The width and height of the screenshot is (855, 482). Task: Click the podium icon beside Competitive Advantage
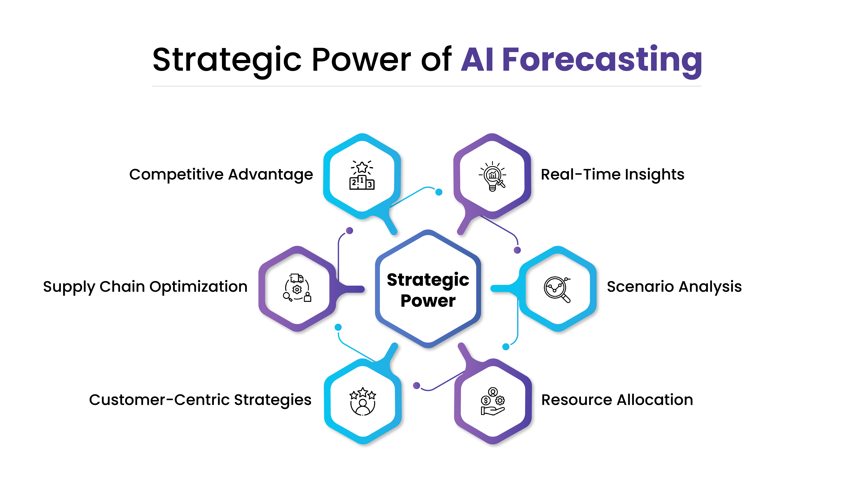[362, 176]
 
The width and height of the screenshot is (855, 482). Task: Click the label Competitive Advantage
[221, 175]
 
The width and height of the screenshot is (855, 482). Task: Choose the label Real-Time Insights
[612, 175]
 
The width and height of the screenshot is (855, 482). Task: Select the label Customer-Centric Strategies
[200, 400]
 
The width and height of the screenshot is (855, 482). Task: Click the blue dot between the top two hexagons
[439, 192]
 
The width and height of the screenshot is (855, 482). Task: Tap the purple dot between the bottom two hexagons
[417, 385]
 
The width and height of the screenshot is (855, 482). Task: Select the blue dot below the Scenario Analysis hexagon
[506, 347]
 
